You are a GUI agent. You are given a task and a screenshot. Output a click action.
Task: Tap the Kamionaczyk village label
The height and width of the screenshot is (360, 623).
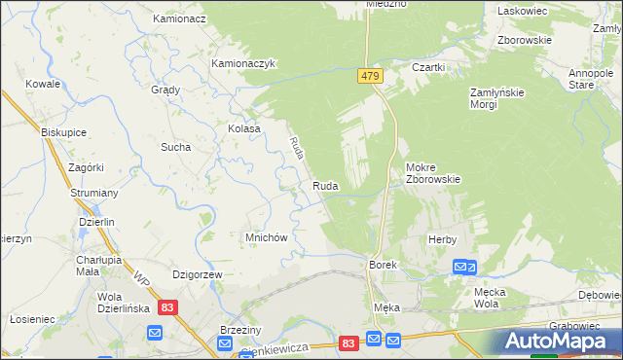coord(245,63)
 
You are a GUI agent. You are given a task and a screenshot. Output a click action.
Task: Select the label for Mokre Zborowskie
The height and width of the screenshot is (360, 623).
coord(432,173)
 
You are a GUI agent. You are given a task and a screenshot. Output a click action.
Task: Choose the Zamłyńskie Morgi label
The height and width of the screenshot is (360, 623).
coord(497,98)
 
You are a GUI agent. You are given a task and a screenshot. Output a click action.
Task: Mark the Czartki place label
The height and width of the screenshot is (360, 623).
coord(428,67)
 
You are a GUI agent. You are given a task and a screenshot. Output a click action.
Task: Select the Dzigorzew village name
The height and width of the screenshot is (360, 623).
coord(198,275)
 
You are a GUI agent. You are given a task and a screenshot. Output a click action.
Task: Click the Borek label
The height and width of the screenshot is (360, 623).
coord(381,265)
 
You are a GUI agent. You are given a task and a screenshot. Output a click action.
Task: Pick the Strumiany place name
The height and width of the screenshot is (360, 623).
coord(94,194)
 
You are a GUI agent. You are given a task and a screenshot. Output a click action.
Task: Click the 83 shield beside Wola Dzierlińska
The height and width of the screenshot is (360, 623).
coord(168,307)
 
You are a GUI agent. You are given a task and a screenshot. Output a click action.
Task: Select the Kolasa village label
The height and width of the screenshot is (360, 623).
coord(243,128)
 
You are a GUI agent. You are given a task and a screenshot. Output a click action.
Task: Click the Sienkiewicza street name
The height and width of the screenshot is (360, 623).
coord(275,348)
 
